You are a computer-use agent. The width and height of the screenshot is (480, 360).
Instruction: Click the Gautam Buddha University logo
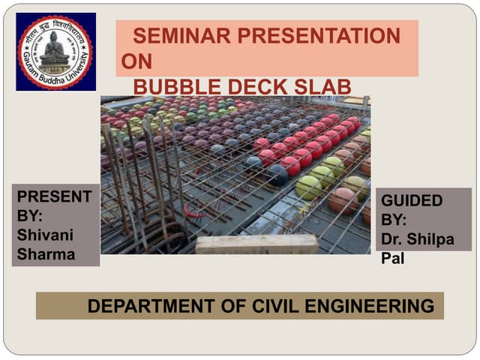55,52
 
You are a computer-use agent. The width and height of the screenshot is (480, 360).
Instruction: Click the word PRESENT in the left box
54,196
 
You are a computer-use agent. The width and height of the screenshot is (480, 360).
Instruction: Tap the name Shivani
45,235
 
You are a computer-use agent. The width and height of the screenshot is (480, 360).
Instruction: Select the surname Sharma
46,254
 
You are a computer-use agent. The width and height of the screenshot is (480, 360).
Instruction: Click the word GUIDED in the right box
412,201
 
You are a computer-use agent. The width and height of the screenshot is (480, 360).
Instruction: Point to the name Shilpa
438,241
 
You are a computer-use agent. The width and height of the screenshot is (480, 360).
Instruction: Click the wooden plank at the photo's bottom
257,244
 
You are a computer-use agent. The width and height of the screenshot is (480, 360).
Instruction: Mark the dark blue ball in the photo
277,175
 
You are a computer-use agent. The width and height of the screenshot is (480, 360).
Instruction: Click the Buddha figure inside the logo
55,49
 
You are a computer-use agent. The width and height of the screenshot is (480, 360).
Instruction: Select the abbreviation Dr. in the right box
393,241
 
